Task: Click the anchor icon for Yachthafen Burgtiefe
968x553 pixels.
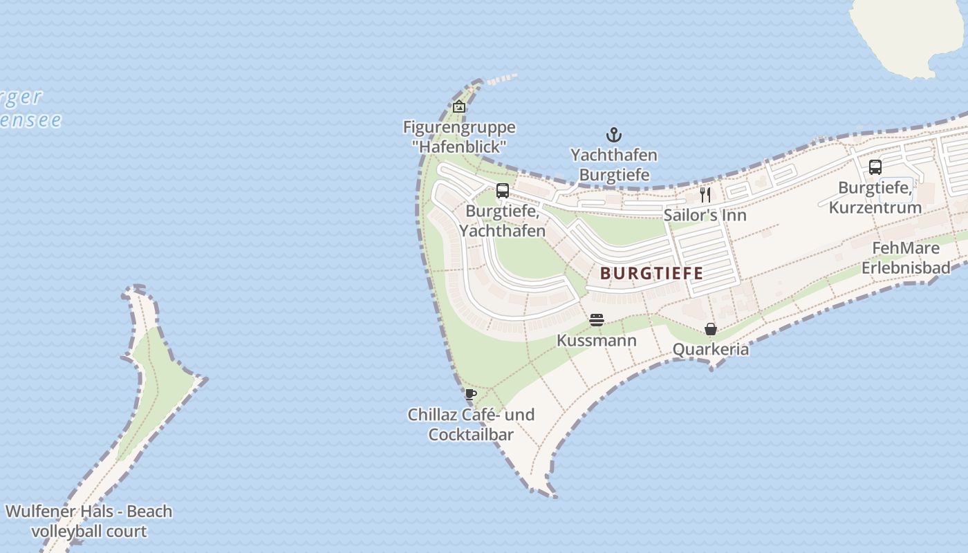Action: point(613,134)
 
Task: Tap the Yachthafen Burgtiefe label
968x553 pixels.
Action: point(613,165)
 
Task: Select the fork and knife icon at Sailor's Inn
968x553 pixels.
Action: point(705,194)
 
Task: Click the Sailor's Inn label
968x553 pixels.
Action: point(705,215)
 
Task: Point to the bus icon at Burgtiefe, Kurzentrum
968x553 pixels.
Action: point(875,167)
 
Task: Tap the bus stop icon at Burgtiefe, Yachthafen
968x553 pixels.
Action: point(503,191)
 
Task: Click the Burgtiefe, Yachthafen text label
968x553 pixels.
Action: point(503,221)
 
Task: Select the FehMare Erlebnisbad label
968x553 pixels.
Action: point(906,257)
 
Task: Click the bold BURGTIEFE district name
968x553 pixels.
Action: point(651,273)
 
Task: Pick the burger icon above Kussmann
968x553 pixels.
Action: point(597,320)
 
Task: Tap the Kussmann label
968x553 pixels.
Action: point(597,341)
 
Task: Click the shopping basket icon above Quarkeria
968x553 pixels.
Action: point(711,329)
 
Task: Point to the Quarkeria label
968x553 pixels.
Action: point(711,349)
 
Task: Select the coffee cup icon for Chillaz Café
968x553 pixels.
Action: point(471,395)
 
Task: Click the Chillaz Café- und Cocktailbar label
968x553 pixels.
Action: point(471,424)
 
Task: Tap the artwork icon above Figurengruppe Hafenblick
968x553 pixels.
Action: point(458,106)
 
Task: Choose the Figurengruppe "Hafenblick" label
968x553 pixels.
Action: point(459,137)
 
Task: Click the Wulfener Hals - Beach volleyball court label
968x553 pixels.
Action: point(89,521)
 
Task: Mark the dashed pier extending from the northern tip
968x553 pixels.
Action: point(502,79)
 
